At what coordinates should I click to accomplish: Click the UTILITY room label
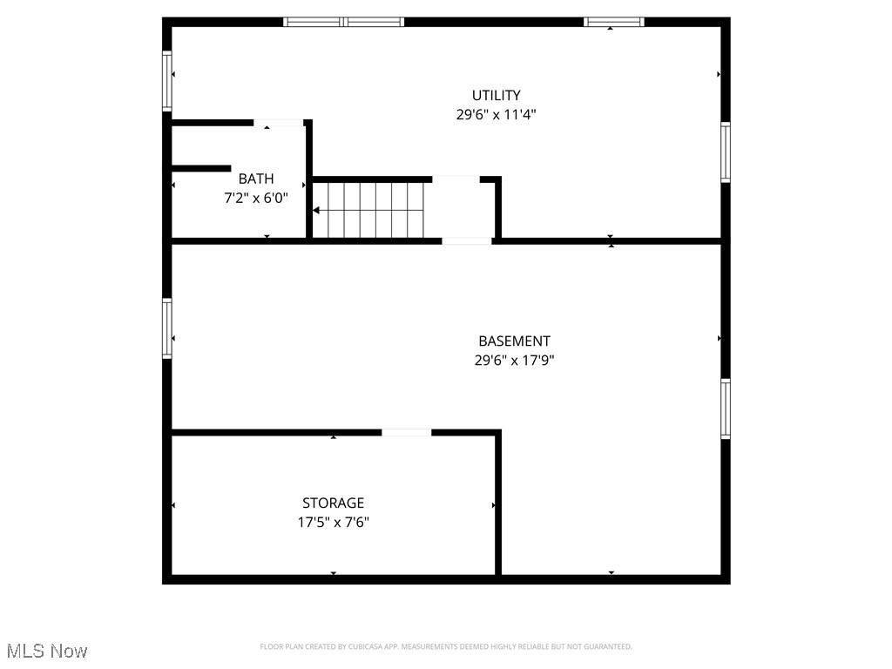496,95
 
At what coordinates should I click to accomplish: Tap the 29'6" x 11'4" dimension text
496,114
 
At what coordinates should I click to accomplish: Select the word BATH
256,179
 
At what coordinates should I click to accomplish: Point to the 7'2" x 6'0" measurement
256,198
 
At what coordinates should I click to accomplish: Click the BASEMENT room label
514,341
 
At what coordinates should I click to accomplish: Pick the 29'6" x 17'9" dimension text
514,360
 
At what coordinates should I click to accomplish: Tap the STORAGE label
334,503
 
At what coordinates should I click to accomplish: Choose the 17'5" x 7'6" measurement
334,523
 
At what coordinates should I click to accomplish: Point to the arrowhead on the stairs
315,211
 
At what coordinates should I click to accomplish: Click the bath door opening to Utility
278,123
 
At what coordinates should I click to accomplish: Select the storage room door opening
406,433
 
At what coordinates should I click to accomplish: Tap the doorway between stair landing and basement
467,241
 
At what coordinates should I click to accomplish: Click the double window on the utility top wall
343,22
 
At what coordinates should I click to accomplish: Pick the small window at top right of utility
614,22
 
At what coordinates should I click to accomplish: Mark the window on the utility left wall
167,81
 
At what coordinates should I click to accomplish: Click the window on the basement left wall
167,328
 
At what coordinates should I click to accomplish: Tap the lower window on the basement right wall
726,409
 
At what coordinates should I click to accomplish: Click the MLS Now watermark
47,651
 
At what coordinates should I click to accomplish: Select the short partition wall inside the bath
201,168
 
